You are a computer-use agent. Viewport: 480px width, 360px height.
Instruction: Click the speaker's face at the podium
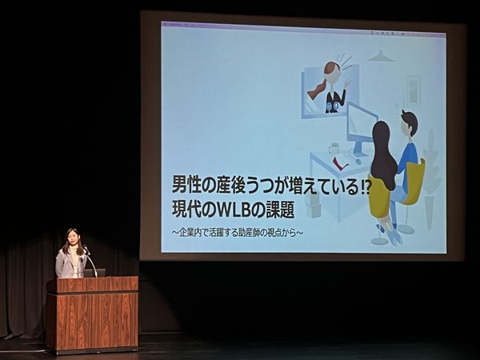(x=72, y=238)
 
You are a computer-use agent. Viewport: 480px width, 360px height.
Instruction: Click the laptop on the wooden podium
(x=94, y=273)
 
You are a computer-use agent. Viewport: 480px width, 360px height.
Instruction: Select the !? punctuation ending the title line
(x=364, y=186)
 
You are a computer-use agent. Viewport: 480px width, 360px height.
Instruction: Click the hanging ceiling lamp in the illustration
(x=381, y=55)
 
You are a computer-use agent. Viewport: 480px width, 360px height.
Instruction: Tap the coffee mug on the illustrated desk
(x=334, y=148)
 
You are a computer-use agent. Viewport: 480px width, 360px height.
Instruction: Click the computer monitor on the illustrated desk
(x=361, y=129)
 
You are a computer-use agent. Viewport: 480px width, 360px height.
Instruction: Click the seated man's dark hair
(x=410, y=120)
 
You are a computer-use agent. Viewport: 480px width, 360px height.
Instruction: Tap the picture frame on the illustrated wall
(x=413, y=90)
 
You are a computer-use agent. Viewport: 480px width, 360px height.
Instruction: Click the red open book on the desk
(x=340, y=163)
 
